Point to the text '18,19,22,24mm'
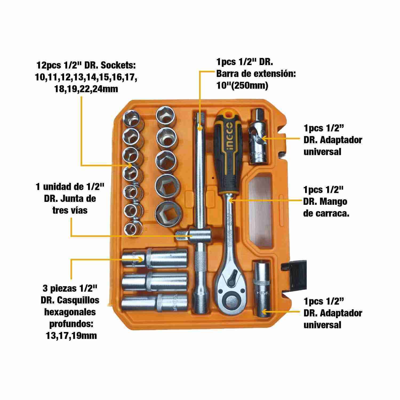click(x=86, y=88)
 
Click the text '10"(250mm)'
click(x=242, y=86)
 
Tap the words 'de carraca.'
click(x=326, y=214)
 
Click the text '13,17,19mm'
click(x=71, y=335)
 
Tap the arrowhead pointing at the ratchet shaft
click(x=231, y=199)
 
